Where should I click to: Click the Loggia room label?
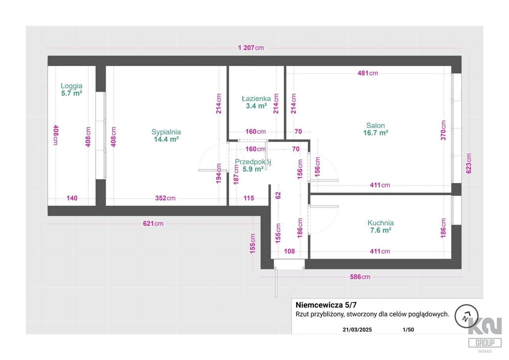(71, 86)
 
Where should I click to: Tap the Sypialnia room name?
(166, 132)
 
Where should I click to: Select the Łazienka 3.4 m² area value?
(256, 106)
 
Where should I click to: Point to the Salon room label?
(375, 125)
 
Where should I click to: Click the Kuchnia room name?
(381, 223)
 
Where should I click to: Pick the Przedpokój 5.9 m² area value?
(253, 169)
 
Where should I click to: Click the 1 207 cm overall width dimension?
(251, 48)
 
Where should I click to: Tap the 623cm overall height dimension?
(468, 163)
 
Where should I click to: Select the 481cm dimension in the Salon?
(368, 73)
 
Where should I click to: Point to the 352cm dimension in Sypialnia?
(165, 198)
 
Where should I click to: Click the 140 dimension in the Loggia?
(72, 198)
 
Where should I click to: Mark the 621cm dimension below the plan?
(153, 224)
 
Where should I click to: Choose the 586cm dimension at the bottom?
(360, 277)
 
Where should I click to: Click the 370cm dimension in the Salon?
(443, 130)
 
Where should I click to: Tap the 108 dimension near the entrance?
(289, 251)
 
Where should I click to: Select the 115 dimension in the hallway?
(249, 198)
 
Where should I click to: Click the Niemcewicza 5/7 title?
(326, 305)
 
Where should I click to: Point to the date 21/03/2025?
(357, 330)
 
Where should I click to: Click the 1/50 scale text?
(408, 330)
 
